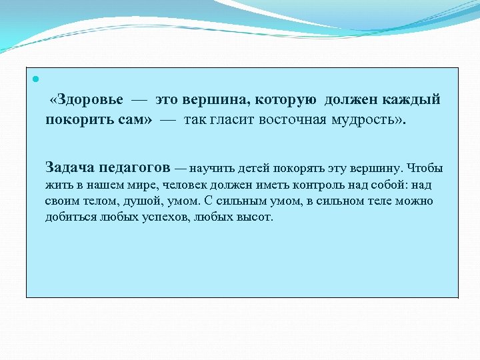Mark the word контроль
point(311,185)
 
